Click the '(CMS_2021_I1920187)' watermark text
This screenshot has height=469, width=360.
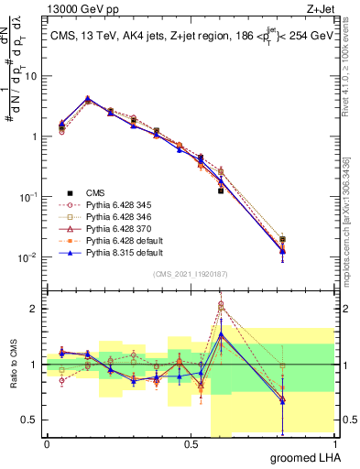[x=191, y=274]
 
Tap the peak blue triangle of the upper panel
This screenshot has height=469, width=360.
[x=87, y=98]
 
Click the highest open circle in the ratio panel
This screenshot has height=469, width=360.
[x=221, y=305]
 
